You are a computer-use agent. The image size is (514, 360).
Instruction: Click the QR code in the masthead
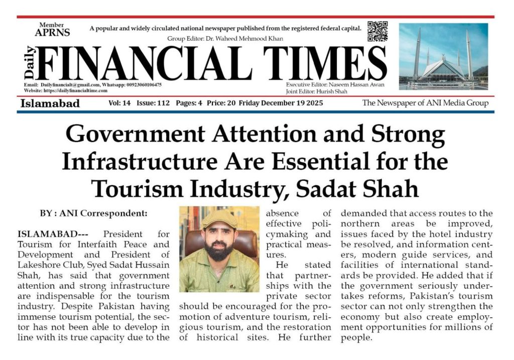[377, 31]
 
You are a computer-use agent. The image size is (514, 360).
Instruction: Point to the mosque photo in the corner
[443, 56]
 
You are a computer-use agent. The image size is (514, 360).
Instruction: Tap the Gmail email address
[70, 85]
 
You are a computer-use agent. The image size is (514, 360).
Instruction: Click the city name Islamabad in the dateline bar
[50, 103]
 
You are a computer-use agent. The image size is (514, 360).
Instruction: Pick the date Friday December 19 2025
[281, 103]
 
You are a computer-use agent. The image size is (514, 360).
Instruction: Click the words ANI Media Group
[462, 103]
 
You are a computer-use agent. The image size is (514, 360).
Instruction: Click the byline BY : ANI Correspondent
[93, 213]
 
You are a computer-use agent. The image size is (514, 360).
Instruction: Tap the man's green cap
[219, 218]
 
